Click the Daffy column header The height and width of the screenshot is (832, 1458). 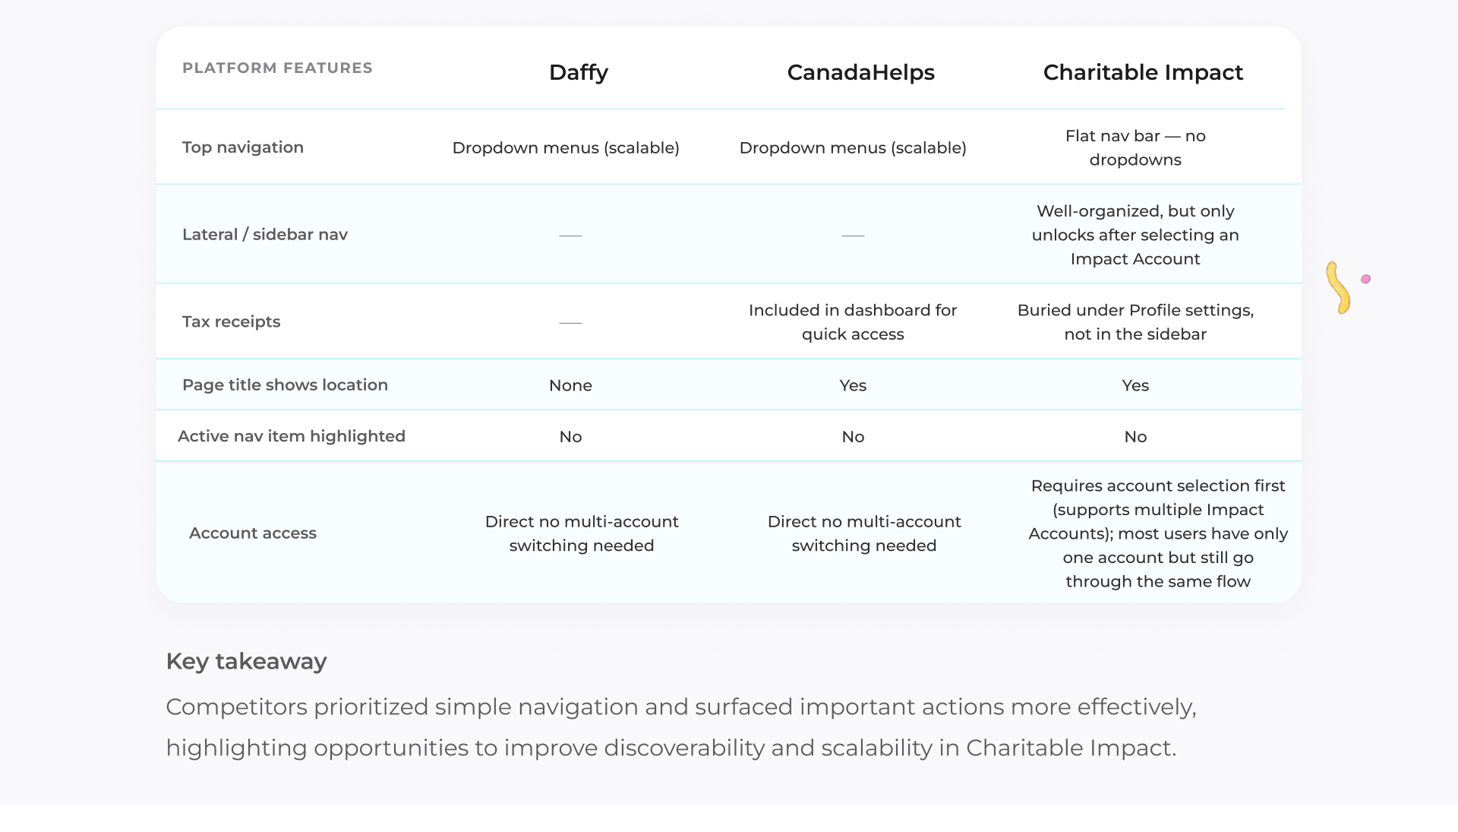pos(578,72)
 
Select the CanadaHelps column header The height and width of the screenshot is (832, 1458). pos(860,72)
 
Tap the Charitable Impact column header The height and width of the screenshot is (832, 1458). pos(1143,72)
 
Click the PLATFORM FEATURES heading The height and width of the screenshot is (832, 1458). pos(277,68)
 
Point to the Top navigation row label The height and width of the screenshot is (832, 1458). pos(243,147)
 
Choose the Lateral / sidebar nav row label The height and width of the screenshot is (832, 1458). pos(265,234)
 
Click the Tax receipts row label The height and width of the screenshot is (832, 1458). pos(231,321)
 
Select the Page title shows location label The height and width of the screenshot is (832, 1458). pos(285,384)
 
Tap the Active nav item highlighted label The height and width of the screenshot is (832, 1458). pos(292,436)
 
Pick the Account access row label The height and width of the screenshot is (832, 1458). pos(253,533)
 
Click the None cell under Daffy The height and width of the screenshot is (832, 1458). pos(570,385)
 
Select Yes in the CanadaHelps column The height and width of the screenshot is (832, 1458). pos(853,385)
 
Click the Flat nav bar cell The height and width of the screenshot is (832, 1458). pos(1135,147)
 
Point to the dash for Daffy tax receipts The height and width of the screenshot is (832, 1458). pos(570,323)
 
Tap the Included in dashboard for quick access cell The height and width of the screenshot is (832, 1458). pos(853,322)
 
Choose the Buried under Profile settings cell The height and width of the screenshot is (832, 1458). pos(1135,322)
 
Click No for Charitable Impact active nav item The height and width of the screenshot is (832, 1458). pos(1135,437)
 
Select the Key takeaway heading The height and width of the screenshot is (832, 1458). pos(246,661)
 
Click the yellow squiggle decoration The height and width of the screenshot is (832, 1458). pos(1338,288)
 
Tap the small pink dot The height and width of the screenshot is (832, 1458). pos(1365,279)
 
